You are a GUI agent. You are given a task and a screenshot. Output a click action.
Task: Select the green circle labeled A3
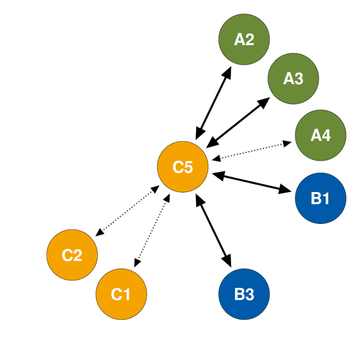[293, 78]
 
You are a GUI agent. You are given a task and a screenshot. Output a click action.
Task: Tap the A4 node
[320, 135]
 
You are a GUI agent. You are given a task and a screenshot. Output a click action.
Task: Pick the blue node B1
[320, 198]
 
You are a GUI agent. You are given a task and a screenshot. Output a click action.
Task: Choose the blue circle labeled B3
[244, 294]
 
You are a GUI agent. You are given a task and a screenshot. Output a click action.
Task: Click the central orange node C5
[183, 167]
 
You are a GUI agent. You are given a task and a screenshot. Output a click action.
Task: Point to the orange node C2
[72, 255]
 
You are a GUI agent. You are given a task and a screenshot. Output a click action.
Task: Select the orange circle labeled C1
[121, 294]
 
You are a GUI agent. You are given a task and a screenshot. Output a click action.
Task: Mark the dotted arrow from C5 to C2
[127, 211]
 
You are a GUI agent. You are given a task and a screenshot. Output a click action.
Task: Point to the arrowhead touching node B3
[227, 260]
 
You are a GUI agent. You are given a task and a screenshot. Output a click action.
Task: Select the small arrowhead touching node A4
[287, 144]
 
